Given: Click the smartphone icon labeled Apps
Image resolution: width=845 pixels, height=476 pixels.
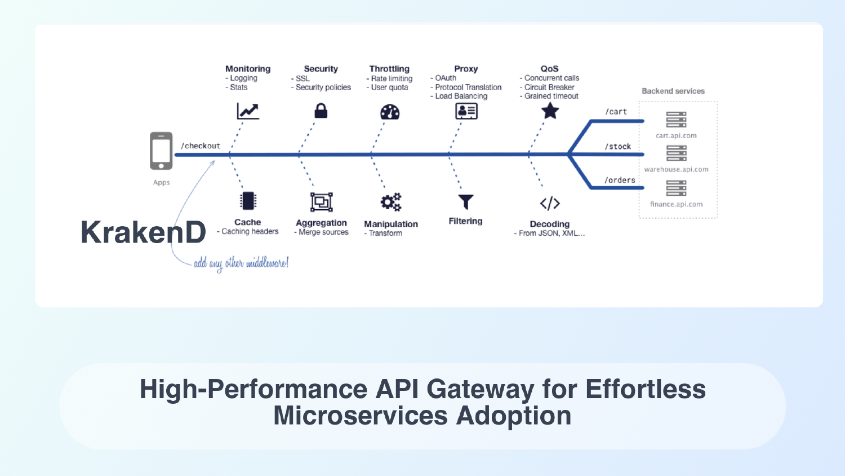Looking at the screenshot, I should (x=161, y=151).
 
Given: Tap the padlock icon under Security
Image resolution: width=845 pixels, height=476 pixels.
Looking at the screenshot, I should (x=321, y=111).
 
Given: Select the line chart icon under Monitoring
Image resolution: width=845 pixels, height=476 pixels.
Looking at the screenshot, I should (x=248, y=111).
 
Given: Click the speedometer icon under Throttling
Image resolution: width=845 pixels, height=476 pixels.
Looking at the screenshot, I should (x=390, y=112).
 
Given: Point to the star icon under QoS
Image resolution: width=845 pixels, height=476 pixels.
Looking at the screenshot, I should (x=550, y=111).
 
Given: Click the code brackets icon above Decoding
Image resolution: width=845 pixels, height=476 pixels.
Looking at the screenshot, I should (x=550, y=203).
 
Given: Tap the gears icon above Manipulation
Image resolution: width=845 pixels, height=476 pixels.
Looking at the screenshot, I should (x=390, y=202).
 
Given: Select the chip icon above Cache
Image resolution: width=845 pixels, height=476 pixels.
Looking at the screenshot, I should (x=248, y=201).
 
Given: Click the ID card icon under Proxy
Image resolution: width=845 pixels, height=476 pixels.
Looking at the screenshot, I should (x=466, y=111).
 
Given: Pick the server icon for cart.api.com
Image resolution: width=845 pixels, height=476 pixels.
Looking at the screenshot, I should (x=676, y=120).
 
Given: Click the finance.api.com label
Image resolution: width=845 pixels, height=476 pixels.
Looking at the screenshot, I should (x=676, y=204).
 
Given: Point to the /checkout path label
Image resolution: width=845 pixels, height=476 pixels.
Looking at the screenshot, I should (x=201, y=146).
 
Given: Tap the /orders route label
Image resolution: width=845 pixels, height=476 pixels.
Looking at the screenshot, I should (x=620, y=180).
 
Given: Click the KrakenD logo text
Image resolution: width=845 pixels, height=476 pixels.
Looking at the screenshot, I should (x=143, y=232).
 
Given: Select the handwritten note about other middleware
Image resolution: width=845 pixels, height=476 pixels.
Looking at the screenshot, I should (x=241, y=263).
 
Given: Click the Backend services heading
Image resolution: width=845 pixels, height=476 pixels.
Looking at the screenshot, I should (x=673, y=91).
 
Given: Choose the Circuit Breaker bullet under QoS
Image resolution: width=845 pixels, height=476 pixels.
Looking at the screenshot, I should (x=549, y=87).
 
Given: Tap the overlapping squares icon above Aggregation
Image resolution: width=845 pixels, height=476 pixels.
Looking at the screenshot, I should (x=321, y=202).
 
